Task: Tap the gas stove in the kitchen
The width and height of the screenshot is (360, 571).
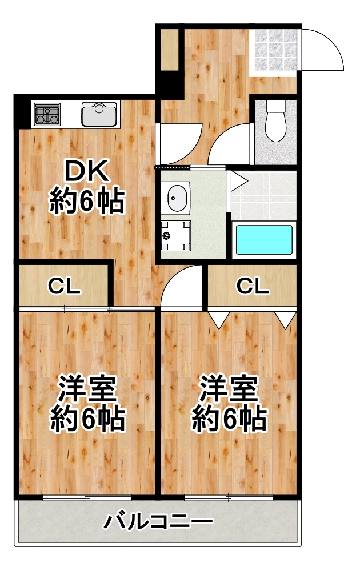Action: [47, 114]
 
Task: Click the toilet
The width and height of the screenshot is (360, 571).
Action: [276, 121]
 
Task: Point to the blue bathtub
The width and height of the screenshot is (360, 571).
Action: [264, 240]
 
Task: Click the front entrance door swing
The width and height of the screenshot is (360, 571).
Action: [321, 49]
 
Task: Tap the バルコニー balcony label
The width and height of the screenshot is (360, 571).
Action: [158, 522]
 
